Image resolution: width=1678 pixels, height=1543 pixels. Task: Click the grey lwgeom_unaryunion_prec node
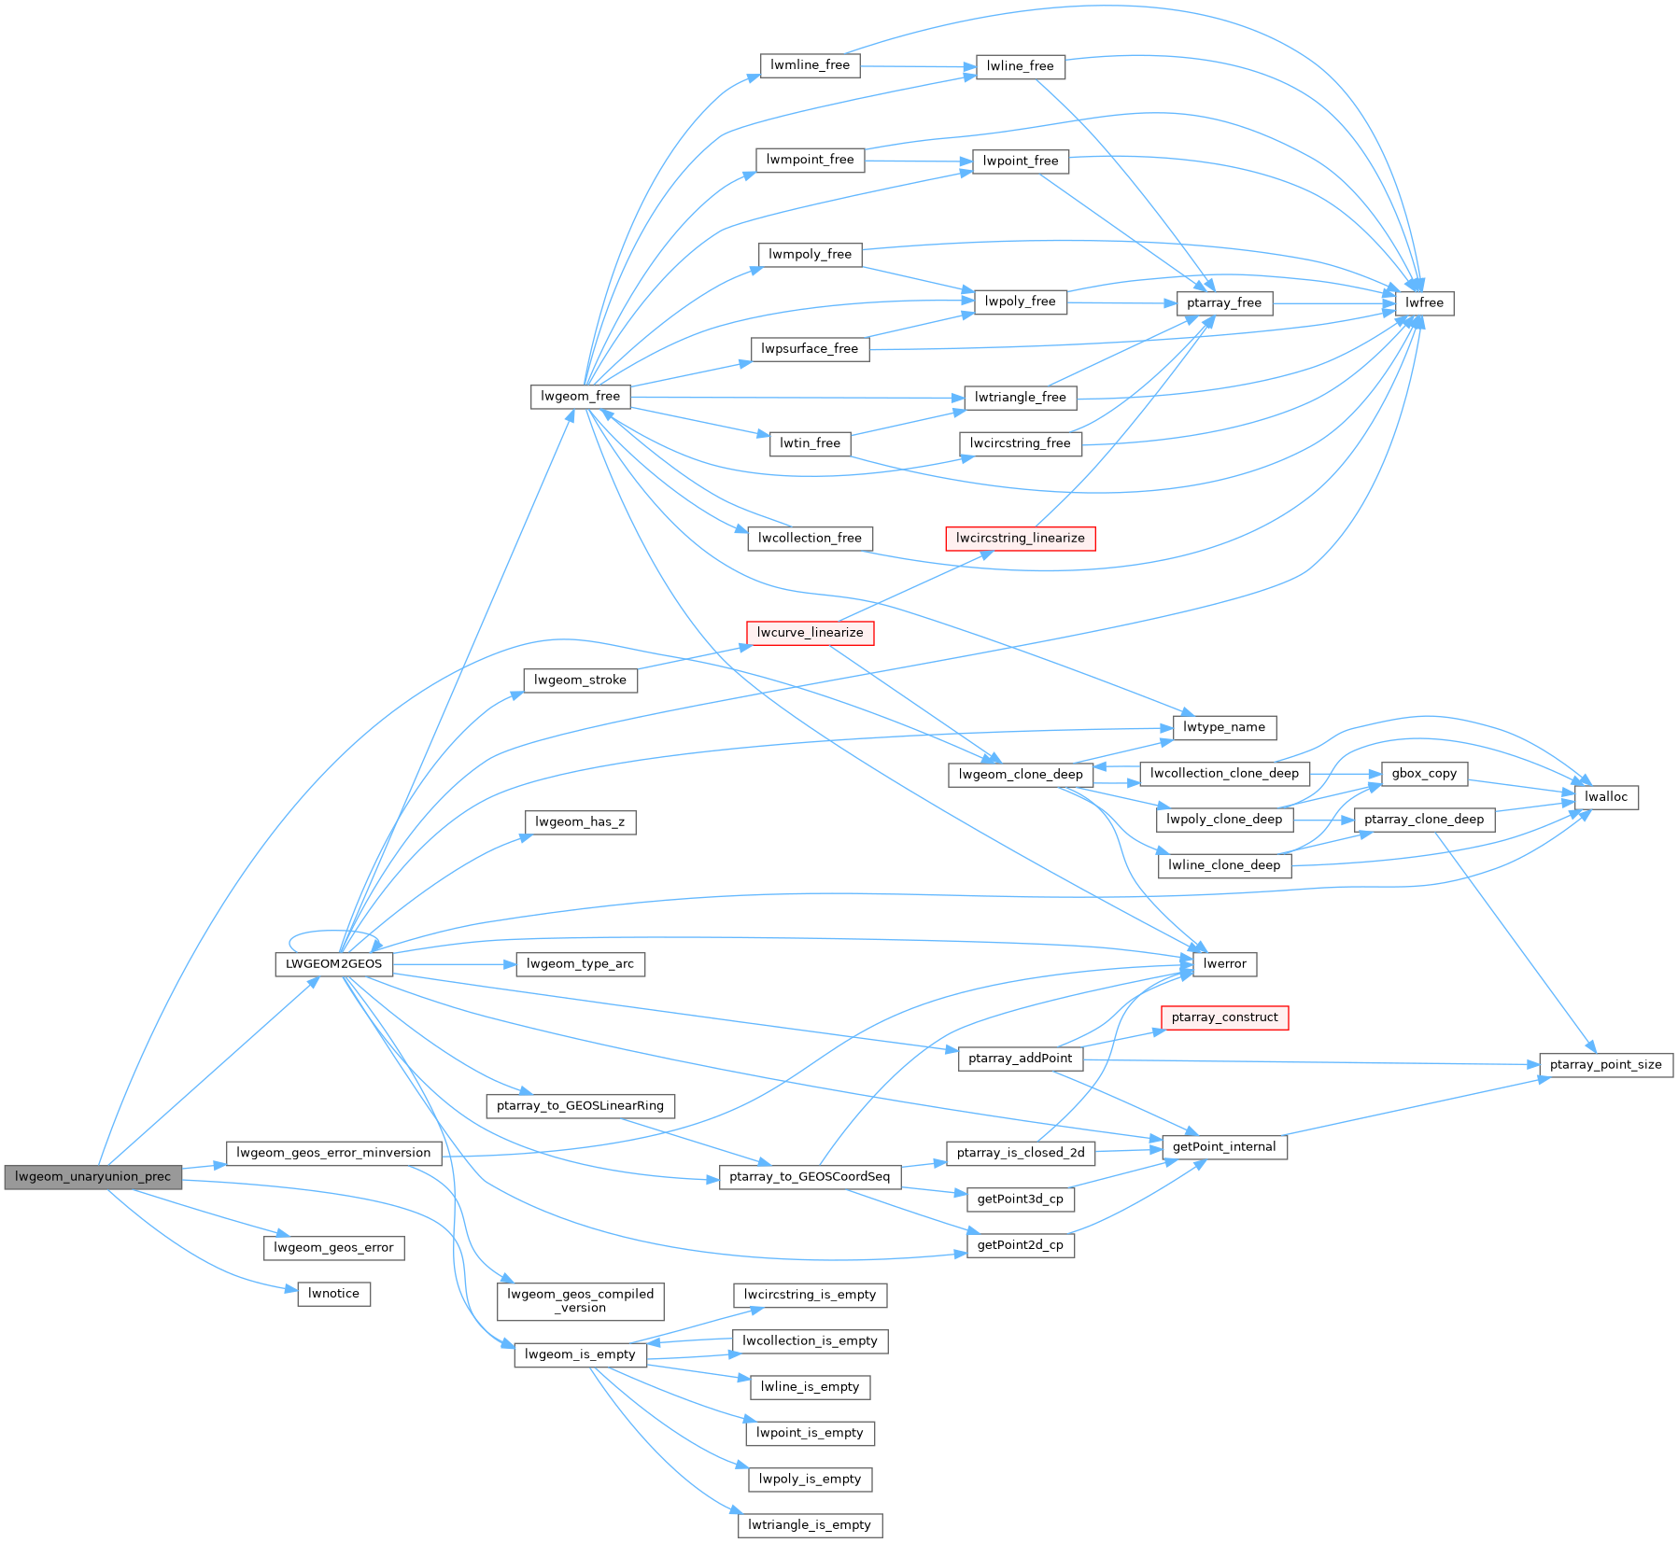click(x=92, y=1176)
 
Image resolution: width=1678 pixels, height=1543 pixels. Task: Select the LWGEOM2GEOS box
click(x=333, y=963)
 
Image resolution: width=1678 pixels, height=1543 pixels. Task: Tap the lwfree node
click(x=1424, y=302)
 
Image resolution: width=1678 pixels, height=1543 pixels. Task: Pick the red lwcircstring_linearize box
click(x=1020, y=538)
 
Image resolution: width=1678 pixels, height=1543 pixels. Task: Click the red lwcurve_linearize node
click(x=810, y=632)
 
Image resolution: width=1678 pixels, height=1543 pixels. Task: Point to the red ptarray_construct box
click(x=1224, y=1017)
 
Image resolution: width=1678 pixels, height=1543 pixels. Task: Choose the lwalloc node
click(x=1605, y=796)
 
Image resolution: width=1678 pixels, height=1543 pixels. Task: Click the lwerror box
click(x=1224, y=963)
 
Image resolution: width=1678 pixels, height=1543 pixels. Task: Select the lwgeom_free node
click(x=580, y=396)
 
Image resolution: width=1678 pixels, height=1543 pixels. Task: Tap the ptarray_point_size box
click(x=1605, y=1064)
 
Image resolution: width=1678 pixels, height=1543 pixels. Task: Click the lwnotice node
click(x=333, y=1293)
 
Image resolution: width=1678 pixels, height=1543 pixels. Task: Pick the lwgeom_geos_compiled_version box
click(x=580, y=1300)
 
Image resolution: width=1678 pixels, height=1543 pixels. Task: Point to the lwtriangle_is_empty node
click(x=809, y=1524)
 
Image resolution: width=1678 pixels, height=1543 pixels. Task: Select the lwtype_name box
click(x=1223, y=727)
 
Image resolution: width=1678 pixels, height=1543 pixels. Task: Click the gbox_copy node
click(x=1423, y=773)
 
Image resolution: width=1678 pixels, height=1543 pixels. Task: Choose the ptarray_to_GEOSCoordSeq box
click(x=809, y=1176)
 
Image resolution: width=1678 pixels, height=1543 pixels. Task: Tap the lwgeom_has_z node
click(x=580, y=821)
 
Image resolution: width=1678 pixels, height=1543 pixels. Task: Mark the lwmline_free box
click(x=809, y=64)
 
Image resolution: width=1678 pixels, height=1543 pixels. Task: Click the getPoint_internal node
click(x=1223, y=1146)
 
